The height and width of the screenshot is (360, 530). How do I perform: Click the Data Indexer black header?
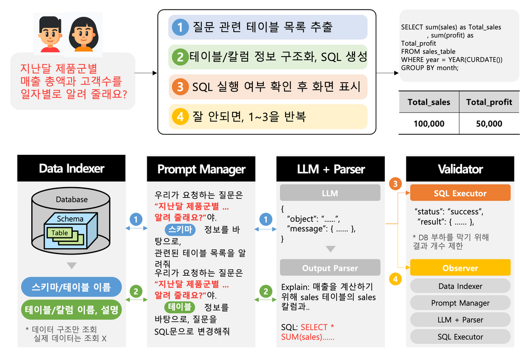point(72,169)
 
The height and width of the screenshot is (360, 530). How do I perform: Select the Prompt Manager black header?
point(201,169)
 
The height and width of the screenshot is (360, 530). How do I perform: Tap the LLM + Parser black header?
point(331,169)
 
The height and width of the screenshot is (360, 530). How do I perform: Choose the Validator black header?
point(460,169)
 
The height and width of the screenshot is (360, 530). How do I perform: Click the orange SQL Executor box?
point(460,193)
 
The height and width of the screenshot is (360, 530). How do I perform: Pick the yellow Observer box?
point(460,268)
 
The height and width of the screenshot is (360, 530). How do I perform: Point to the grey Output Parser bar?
point(330,268)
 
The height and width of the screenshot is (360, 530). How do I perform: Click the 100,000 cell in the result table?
point(429,124)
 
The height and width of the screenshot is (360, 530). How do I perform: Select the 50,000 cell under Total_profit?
point(489,124)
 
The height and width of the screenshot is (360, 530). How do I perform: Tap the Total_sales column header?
point(429,102)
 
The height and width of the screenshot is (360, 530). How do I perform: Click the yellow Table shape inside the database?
point(60,233)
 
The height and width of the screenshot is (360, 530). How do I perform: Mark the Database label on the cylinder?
point(72,200)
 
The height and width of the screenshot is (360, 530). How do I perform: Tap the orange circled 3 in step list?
point(180,86)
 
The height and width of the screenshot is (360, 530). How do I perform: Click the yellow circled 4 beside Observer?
point(394,276)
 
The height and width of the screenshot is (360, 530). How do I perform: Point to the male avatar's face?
point(50,33)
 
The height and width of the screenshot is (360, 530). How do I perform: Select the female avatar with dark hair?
point(83,33)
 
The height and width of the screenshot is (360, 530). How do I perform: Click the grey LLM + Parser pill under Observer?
point(460,320)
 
